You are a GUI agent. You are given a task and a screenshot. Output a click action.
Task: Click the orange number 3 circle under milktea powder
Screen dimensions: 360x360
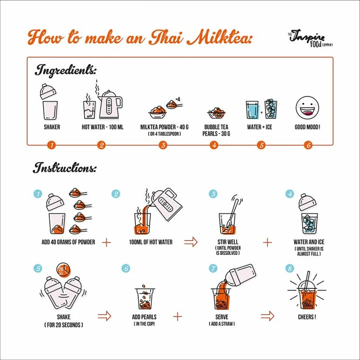click(x=163, y=145)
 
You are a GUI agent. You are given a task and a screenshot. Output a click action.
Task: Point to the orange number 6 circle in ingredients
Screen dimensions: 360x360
click(x=308, y=145)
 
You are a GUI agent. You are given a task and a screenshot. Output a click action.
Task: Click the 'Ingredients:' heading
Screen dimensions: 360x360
click(x=65, y=70)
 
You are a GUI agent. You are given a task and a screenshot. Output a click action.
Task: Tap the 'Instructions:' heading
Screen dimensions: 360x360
click(x=65, y=168)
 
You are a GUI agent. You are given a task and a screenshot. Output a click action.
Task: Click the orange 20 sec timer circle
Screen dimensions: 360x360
click(x=61, y=271)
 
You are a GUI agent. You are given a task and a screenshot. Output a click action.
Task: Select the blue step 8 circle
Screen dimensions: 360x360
click(x=289, y=269)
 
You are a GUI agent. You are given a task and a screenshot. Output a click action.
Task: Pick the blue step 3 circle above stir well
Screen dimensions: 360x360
click(x=213, y=194)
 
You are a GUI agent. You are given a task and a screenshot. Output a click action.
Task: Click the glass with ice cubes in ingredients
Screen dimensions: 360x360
click(x=271, y=110)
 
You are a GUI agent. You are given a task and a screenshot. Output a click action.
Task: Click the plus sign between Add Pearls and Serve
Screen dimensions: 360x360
click(x=177, y=317)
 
